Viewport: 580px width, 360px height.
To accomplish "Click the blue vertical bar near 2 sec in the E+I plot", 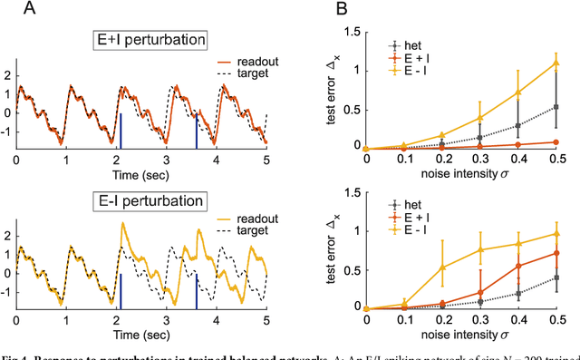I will click(121, 129).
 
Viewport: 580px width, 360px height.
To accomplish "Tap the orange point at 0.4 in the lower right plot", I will click(517, 266).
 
